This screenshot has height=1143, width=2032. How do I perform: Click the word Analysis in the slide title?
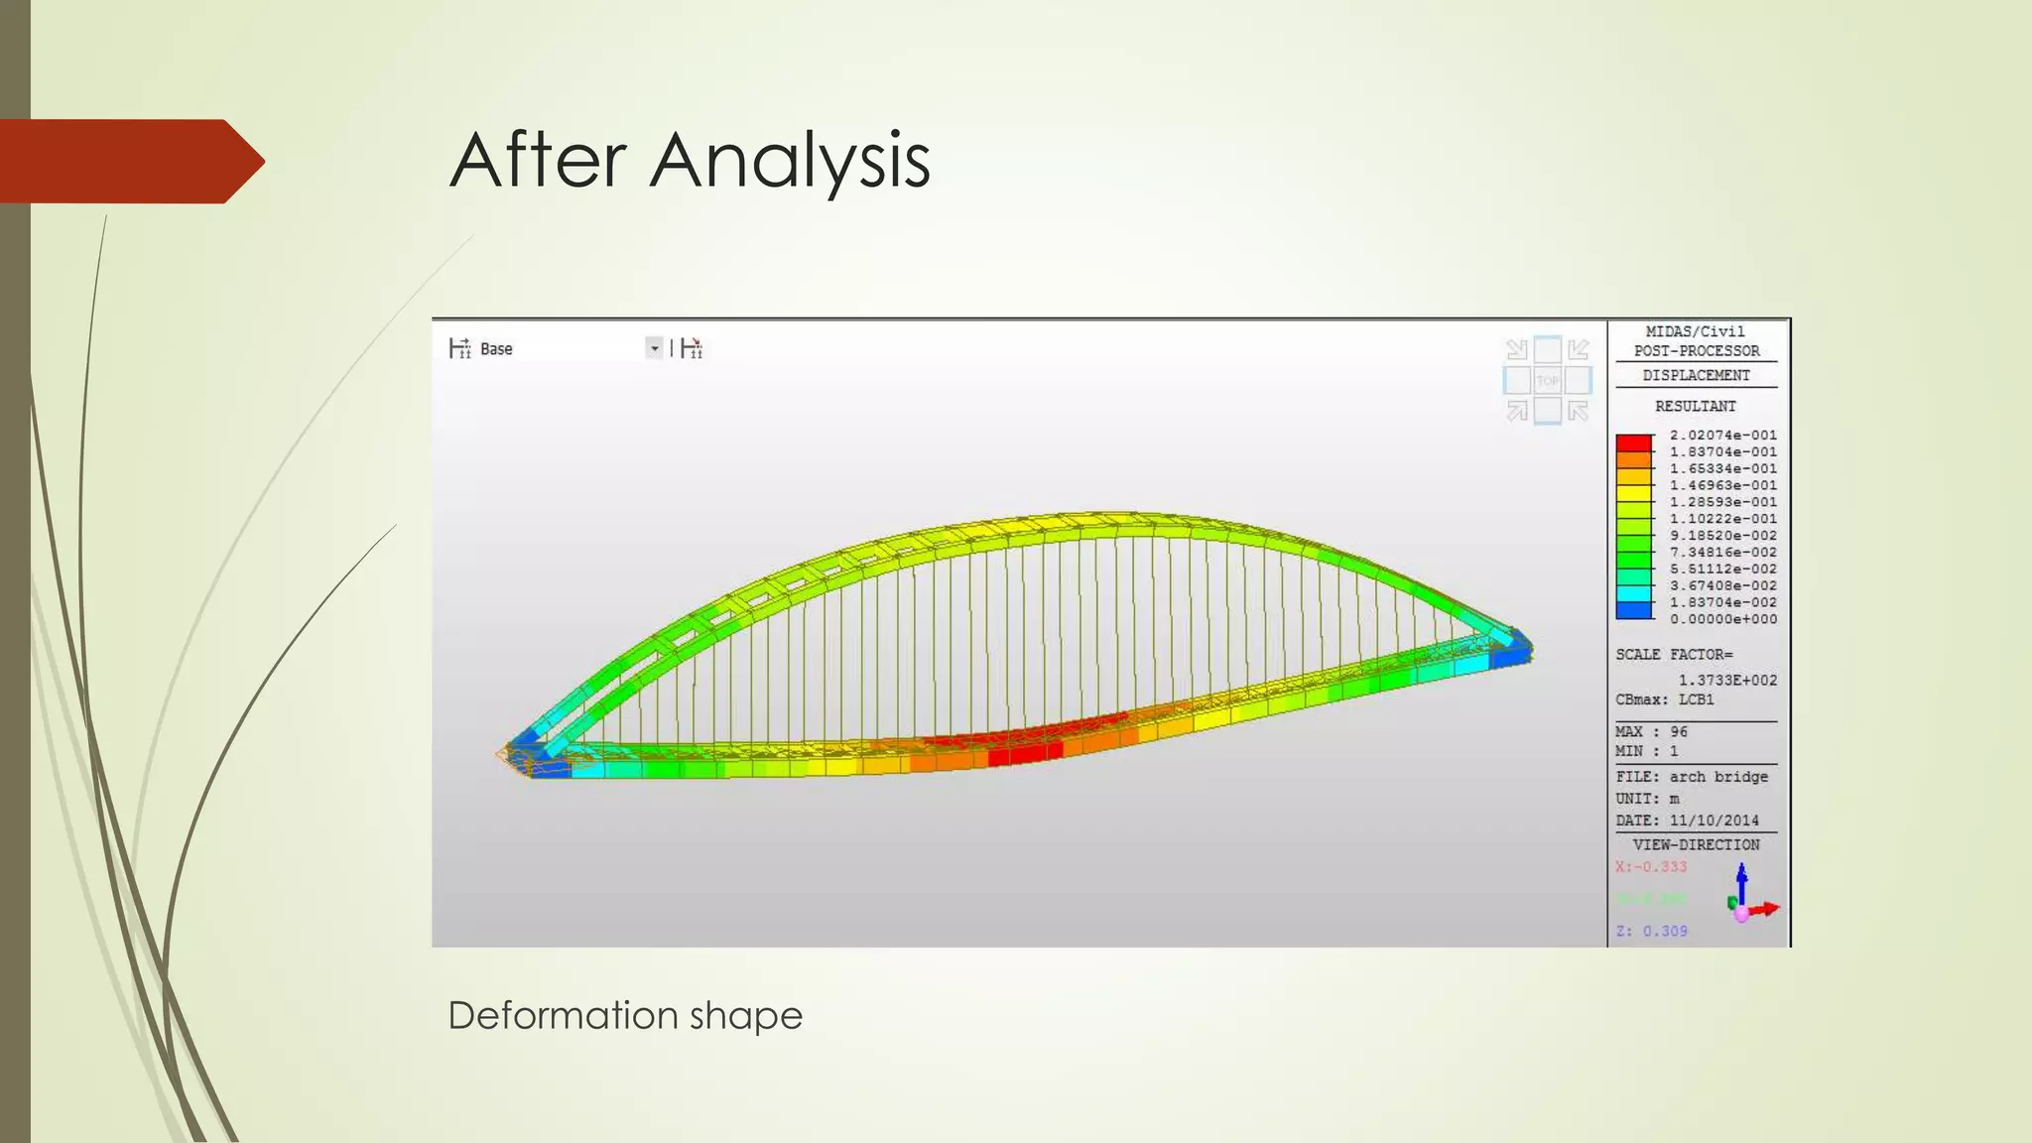pos(790,161)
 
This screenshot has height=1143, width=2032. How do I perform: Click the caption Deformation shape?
pos(624,1015)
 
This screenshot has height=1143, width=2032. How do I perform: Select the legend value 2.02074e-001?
pos(1722,436)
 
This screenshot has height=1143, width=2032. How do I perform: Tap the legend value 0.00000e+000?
pos(1722,619)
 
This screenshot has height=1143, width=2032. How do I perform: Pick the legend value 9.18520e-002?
pos(1722,536)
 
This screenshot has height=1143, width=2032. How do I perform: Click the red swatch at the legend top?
pos(1633,444)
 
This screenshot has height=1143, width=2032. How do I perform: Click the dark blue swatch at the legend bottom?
pos(1633,611)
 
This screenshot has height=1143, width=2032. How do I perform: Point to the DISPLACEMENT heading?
pos(1696,375)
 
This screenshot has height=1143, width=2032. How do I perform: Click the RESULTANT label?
pos(1696,406)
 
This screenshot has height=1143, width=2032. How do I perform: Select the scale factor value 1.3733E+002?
pos(1727,680)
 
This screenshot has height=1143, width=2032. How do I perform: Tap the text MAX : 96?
pos(1651,731)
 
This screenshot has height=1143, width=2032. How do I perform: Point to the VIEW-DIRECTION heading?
pos(1696,844)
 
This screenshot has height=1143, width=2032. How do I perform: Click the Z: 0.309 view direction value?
pos(1651,931)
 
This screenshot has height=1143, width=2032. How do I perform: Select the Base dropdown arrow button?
pos(654,348)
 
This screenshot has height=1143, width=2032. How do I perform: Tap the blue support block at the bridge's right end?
pos(1511,651)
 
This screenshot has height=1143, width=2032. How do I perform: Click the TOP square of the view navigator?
pos(1548,380)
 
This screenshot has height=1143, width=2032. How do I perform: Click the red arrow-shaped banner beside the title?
pos(129,162)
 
